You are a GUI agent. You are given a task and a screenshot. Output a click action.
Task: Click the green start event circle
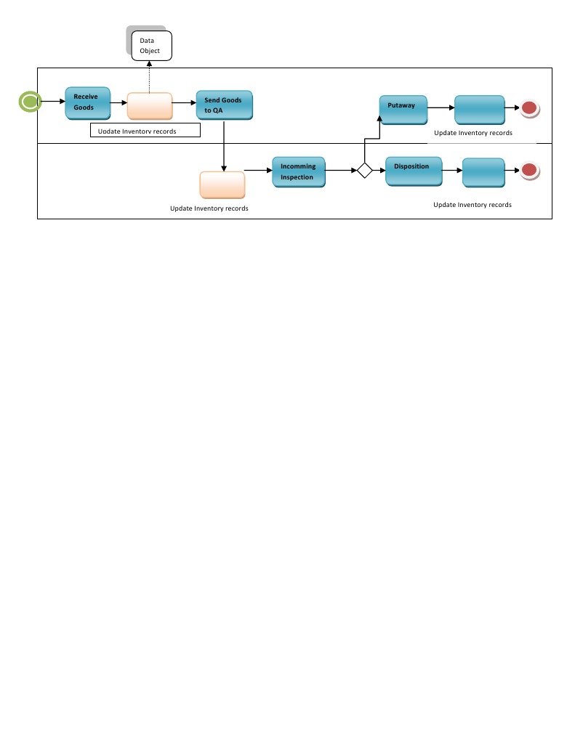[x=29, y=102]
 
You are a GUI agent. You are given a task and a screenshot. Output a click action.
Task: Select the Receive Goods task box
[x=87, y=103]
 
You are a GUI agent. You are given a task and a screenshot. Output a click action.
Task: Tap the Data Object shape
[x=150, y=46]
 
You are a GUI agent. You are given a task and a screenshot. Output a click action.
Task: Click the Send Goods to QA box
[x=224, y=105]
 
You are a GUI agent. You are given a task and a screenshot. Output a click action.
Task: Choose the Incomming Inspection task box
[x=299, y=172]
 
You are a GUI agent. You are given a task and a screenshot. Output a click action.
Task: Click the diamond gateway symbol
[x=364, y=171]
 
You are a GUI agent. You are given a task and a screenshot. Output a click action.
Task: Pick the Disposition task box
[x=413, y=171]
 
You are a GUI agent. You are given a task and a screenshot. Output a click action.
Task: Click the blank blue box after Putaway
[x=480, y=110]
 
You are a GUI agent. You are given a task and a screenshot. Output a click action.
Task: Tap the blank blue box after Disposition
[x=483, y=173]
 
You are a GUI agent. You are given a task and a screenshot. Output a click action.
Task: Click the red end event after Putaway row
[x=530, y=109]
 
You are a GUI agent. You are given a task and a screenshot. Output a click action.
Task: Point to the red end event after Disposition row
[x=530, y=171]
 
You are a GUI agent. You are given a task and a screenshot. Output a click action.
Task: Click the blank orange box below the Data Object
[x=150, y=106]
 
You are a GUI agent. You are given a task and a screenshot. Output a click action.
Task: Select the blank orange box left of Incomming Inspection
[x=222, y=184]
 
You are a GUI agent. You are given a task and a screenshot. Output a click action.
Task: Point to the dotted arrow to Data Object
[x=150, y=78]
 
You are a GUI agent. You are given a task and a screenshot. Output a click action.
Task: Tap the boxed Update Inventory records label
[x=145, y=131]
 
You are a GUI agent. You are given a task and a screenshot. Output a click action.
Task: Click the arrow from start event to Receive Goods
[x=53, y=102]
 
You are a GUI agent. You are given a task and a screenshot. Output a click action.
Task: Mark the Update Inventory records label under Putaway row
[x=473, y=133]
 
